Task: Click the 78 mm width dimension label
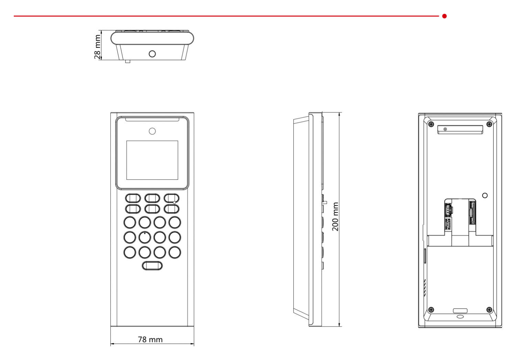click(x=150, y=339)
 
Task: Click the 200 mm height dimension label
click(x=335, y=216)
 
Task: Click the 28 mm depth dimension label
click(x=97, y=47)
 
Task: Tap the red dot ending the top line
click(x=444, y=16)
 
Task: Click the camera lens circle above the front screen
click(x=152, y=131)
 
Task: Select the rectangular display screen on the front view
click(x=152, y=160)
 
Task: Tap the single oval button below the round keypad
click(x=152, y=266)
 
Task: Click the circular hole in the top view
click(x=152, y=54)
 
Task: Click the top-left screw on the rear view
click(x=431, y=124)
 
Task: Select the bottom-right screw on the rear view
click(x=489, y=310)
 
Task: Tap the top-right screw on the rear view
click(x=489, y=124)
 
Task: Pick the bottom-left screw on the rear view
click(x=431, y=310)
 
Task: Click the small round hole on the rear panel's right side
click(x=485, y=195)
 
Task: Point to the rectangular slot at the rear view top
click(x=460, y=130)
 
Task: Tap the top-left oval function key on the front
click(x=133, y=198)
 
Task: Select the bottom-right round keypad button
click(x=175, y=252)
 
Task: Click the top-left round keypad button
click(x=130, y=222)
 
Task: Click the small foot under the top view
click(x=128, y=61)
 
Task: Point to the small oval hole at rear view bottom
click(x=460, y=317)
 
